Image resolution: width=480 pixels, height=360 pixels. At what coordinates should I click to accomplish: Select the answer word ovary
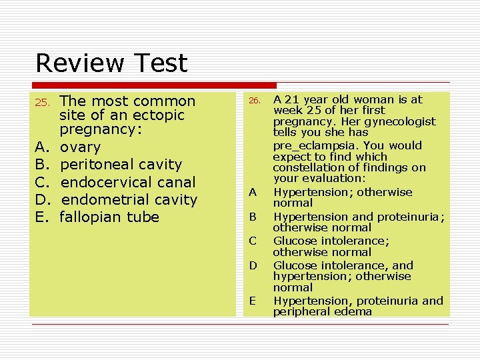coord(80,147)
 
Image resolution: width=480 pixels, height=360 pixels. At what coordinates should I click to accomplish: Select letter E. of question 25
coord(41,217)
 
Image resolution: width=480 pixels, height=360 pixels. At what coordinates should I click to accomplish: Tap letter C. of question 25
coord(41,182)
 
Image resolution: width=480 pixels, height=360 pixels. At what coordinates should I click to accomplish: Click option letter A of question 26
coord(253,193)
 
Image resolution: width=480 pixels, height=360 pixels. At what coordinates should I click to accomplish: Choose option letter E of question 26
coord(253,301)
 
